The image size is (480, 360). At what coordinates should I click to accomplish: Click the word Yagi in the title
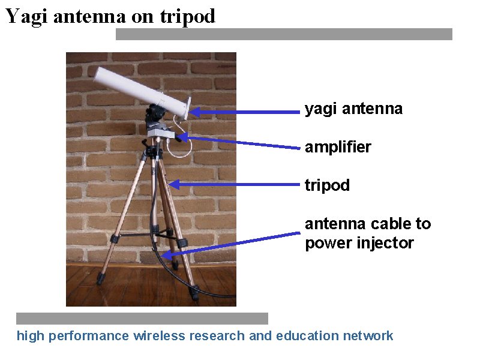tap(26, 16)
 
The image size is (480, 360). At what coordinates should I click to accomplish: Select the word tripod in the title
tap(188, 17)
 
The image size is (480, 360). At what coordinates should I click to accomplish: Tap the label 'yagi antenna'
tap(353, 109)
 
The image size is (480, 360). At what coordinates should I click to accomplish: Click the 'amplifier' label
tap(338, 147)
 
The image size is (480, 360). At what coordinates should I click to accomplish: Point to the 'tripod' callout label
tap(327, 185)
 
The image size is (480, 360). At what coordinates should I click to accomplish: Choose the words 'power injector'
tap(359, 244)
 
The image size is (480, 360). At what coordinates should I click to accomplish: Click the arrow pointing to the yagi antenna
tap(245, 112)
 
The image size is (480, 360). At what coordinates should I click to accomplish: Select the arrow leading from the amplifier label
tap(238, 142)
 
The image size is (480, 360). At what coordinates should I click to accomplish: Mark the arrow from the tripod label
tap(233, 185)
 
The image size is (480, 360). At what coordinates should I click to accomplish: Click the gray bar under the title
tap(284, 34)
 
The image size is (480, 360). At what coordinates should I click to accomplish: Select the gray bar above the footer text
tap(142, 319)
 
